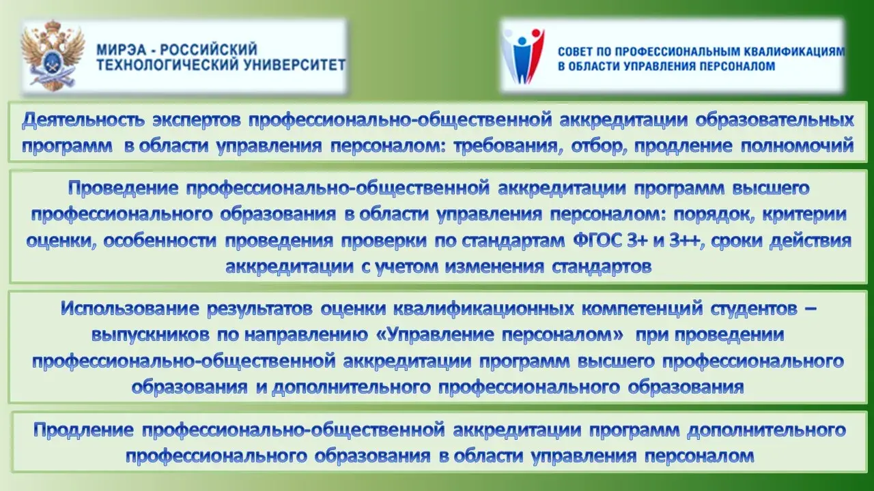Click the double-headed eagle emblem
tap(53, 55)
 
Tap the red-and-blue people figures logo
tap(523, 56)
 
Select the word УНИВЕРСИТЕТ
tap(294, 65)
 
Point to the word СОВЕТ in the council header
tap(576, 51)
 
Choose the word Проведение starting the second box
tap(124, 189)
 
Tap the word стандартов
tap(602, 267)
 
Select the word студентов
tap(753, 309)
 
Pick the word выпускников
tap(150, 336)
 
